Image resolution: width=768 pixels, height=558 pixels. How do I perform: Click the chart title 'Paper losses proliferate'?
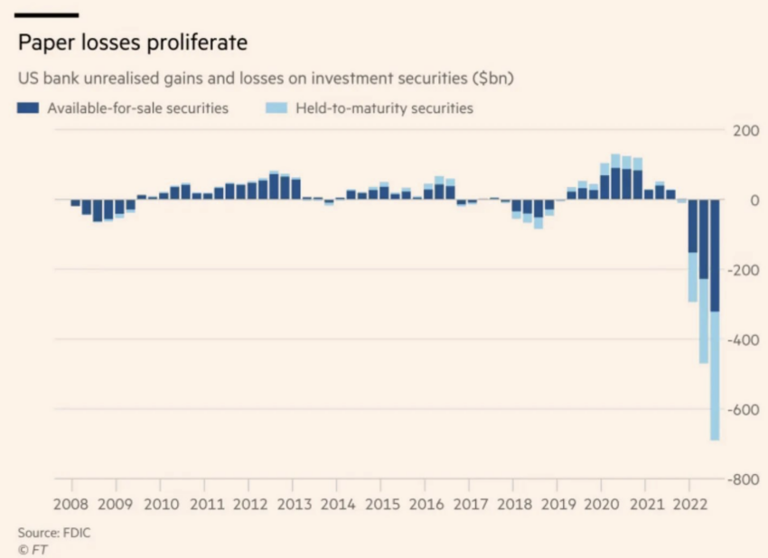coord(132,43)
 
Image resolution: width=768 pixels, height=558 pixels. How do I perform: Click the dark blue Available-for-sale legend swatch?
coord(28,108)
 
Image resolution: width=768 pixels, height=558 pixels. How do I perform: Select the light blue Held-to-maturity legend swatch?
coord(276,108)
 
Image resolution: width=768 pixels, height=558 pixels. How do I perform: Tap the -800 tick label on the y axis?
coord(743,479)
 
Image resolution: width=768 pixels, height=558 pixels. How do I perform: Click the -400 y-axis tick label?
coord(743,339)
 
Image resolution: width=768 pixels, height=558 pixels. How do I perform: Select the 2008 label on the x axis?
coord(70,504)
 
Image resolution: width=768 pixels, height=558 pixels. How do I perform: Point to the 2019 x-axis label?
coord(557,504)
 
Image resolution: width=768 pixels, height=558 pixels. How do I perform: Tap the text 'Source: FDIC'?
coord(54,533)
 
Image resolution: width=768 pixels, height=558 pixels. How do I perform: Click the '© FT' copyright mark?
coord(33,549)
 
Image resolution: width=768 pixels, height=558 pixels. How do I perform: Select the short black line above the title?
coord(48,15)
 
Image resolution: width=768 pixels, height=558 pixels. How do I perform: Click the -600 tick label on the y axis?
coord(743,409)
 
